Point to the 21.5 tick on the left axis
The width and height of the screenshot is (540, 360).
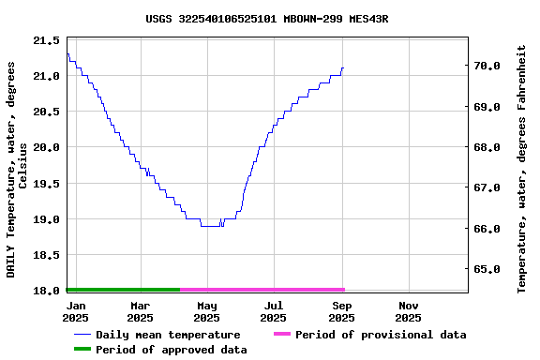click(46, 40)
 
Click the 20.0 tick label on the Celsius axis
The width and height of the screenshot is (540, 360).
click(46, 147)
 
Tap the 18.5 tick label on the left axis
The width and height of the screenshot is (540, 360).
click(46, 255)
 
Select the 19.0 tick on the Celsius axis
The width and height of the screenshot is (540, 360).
click(46, 219)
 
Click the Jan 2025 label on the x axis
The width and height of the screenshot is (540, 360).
click(77, 311)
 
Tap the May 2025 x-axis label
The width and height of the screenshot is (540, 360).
click(207, 311)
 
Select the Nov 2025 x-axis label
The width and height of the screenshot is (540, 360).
click(409, 311)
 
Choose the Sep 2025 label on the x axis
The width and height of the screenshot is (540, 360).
click(342, 311)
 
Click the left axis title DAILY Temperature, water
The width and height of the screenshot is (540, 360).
click(18, 169)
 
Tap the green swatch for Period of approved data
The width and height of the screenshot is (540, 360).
click(82, 350)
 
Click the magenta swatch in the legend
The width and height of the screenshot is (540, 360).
click(282, 335)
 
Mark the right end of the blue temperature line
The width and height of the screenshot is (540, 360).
click(344, 67)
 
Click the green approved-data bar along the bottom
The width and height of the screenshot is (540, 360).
click(123, 290)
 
